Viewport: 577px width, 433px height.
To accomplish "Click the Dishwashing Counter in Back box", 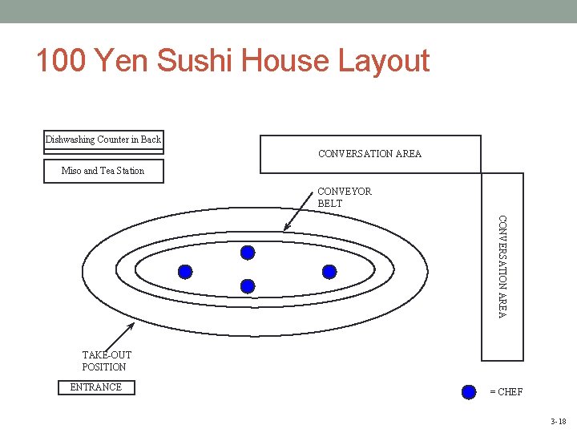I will tap(103, 140).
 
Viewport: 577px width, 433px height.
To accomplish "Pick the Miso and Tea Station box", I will tap(103, 171).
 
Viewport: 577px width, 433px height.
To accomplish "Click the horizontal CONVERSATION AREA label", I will tap(369, 154).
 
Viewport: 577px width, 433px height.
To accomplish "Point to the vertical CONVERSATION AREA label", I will tap(502, 265).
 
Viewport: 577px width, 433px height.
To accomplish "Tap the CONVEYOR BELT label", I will tap(345, 198).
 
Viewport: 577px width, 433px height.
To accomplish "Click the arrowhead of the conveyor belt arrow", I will tap(286, 230).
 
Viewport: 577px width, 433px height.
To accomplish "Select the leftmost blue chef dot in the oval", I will tap(185, 272).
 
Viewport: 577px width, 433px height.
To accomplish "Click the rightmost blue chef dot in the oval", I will tap(329, 271).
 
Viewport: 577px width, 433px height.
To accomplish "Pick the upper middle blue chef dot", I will tap(248, 253).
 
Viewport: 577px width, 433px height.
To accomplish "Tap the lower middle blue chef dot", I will tap(248, 285).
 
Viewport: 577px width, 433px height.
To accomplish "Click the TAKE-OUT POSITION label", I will tap(106, 361).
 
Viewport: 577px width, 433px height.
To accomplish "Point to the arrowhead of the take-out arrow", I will tap(132, 325).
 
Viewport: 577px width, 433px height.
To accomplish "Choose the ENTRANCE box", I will tap(96, 387).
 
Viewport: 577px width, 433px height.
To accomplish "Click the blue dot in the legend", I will tap(470, 392).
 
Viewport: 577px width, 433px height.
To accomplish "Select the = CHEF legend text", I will tap(506, 392).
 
